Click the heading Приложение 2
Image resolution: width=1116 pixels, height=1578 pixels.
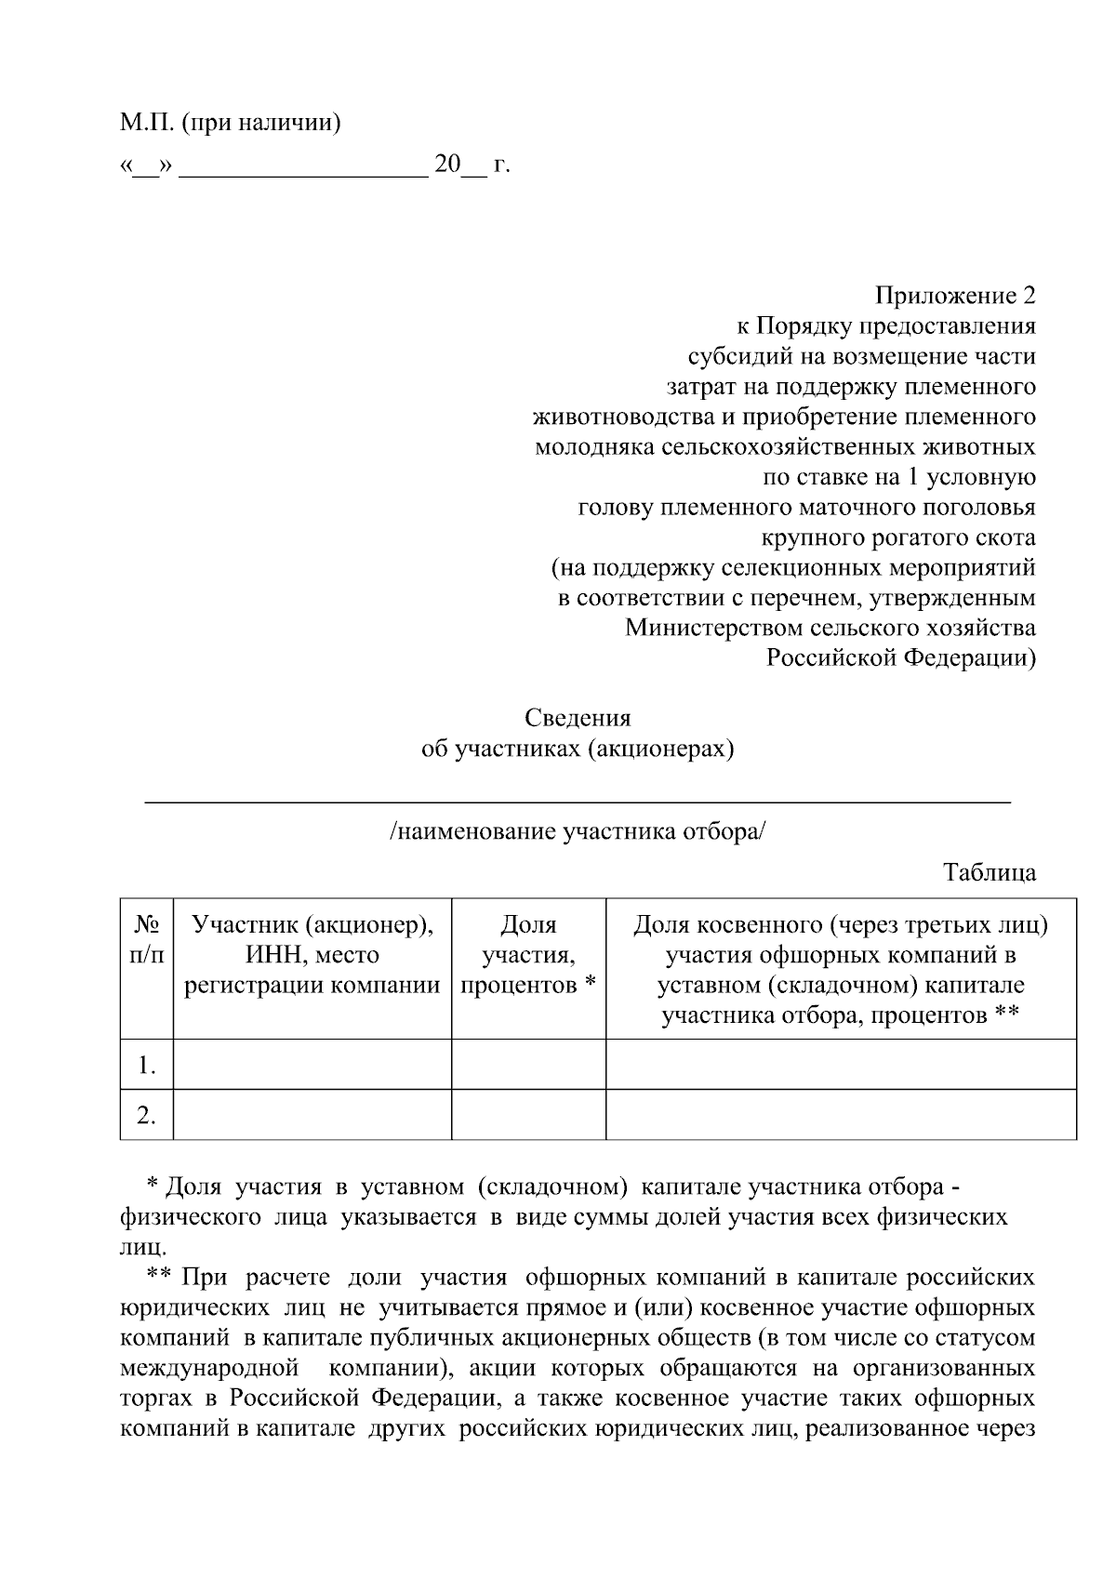(954, 296)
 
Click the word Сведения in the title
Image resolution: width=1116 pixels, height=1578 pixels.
(578, 718)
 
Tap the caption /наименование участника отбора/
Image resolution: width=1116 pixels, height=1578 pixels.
(577, 831)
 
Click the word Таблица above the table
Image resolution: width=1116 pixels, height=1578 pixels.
(990, 872)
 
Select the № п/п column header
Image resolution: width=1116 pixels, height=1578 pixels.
(147, 940)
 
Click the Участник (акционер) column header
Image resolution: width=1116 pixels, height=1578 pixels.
(312, 955)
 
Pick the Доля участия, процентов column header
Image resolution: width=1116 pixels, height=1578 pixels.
(528, 955)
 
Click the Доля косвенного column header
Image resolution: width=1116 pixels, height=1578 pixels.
(841, 970)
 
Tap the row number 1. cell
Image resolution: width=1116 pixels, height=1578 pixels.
(147, 1065)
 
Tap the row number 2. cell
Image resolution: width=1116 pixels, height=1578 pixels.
(147, 1115)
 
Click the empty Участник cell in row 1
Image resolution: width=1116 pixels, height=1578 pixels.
(312, 1065)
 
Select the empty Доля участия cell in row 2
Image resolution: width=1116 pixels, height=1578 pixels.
(528, 1115)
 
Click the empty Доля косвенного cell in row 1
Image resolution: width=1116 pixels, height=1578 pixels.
(841, 1065)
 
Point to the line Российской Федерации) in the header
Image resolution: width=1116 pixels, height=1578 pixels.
(900, 658)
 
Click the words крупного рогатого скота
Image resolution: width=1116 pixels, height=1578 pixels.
(898, 537)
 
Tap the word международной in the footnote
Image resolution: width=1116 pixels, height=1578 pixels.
(210, 1369)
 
